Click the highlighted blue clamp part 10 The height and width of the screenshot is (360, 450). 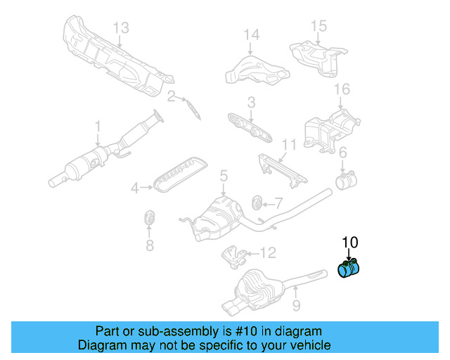(349, 269)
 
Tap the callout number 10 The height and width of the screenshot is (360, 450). (349, 243)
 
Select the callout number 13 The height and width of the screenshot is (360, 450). (121, 28)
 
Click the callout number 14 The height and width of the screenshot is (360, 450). (251, 34)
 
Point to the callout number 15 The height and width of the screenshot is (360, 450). (319, 26)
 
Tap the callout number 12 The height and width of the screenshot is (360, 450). (269, 252)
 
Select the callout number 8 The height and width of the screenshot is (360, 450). (149, 245)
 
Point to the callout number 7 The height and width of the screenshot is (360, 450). (278, 203)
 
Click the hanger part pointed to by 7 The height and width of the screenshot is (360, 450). (257, 203)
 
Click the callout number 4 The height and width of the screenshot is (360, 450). (134, 188)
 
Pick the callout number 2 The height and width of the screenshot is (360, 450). (171, 96)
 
